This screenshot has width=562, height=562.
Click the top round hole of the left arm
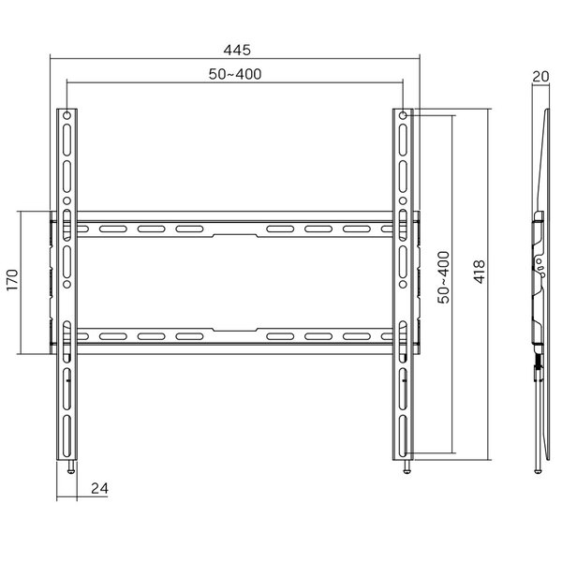coord(67,116)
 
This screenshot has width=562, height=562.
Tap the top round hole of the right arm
coord(403,116)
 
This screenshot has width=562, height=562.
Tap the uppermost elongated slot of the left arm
coord(67,141)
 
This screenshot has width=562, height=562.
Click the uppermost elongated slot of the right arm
coord(403,141)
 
